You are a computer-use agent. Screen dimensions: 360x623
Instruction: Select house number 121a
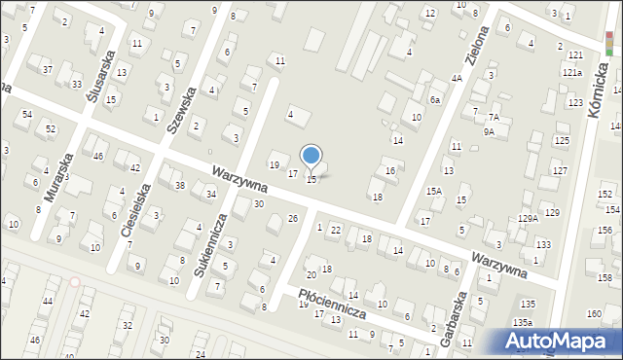click(571, 72)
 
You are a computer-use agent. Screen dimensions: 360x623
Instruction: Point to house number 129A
click(528, 219)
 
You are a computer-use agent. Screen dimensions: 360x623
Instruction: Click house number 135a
click(523, 321)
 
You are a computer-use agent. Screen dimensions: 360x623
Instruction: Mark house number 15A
click(434, 192)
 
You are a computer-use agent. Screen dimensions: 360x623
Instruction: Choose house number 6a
click(435, 99)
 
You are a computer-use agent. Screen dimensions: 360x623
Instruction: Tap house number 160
click(594, 313)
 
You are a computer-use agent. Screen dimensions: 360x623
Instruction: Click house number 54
click(26, 114)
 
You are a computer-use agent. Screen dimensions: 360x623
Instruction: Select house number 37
click(48, 69)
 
